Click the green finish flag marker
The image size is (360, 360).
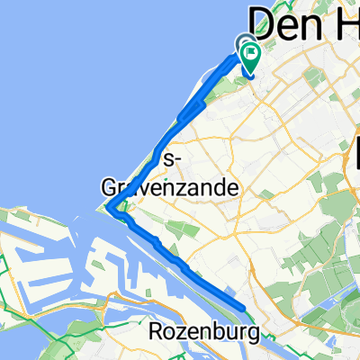(x=250, y=56)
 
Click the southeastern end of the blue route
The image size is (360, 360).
(x=244, y=310)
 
